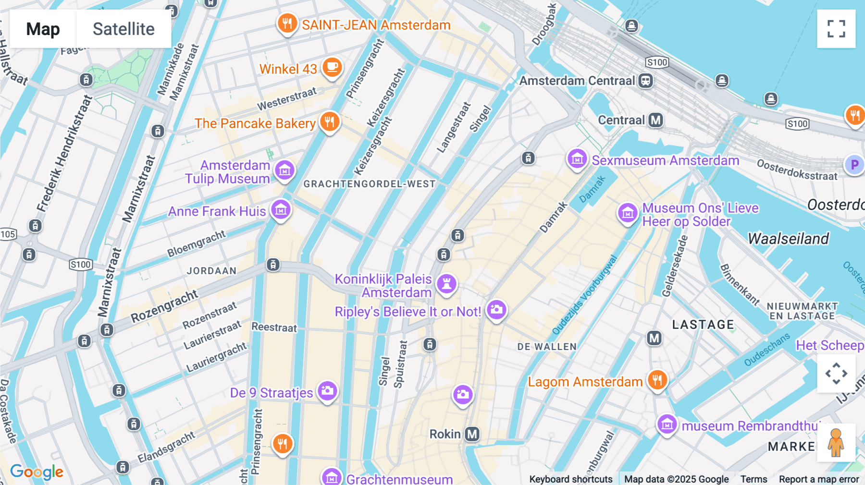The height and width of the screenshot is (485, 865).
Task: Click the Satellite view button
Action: (124, 29)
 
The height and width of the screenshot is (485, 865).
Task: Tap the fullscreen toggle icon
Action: (836, 29)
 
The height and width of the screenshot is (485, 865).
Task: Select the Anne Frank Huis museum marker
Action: (281, 209)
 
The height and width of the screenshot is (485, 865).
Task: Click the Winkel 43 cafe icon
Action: (332, 67)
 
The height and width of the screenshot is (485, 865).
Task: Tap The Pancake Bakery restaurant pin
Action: (330, 122)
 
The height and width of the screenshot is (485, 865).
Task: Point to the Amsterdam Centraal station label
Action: (577, 81)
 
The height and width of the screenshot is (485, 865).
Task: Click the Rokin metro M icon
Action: (472, 434)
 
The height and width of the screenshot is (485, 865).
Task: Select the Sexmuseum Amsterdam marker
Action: (577, 158)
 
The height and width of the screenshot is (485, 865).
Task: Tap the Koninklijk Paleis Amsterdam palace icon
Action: (446, 283)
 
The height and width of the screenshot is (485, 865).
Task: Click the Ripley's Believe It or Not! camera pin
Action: (496, 310)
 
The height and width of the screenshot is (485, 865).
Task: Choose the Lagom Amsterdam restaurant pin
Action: (657, 380)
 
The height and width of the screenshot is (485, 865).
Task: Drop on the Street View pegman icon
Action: (836, 443)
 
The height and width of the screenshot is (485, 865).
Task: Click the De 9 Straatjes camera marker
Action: (328, 391)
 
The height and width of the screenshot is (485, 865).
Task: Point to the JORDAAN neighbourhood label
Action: (211, 271)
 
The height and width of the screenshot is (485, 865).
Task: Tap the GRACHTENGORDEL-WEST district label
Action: (369, 184)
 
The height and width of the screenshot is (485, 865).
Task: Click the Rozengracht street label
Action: (164, 306)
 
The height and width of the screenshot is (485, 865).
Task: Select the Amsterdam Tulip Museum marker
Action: (285, 170)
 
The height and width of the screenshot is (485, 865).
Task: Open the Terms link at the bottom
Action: (754, 479)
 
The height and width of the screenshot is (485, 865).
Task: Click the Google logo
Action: (37, 472)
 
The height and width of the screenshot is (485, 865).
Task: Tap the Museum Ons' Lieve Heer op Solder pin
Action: (627, 212)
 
